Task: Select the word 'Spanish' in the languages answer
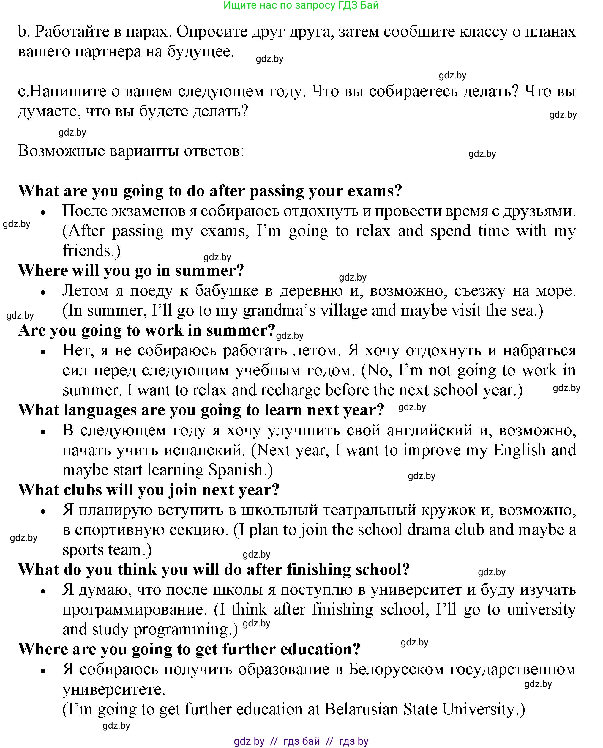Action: point(235,470)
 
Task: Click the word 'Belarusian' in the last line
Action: point(361,709)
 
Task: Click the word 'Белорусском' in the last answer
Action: point(396,669)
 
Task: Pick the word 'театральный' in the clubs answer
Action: point(369,510)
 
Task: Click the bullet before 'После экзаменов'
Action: point(43,212)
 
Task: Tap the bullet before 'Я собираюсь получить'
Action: point(43,670)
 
